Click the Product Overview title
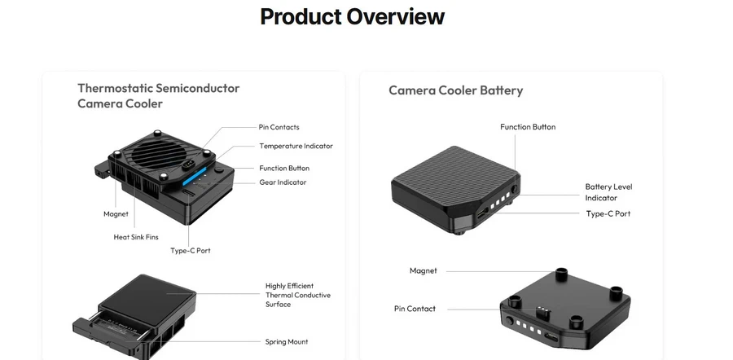pyautogui.click(x=352, y=16)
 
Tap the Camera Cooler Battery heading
pyautogui.click(x=455, y=90)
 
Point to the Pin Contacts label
pyautogui.click(x=279, y=127)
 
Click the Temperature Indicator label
pyautogui.click(x=296, y=146)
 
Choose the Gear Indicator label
pyautogui.click(x=283, y=182)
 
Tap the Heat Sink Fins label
pyautogui.click(x=135, y=237)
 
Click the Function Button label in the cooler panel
pyautogui.click(x=284, y=168)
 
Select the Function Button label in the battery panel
pyautogui.click(x=528, y=127)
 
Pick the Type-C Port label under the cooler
pyautogui.click(x=190, y=250)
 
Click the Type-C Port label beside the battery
pyautogui.click(x=608, y=213)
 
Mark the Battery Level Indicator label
pyautogui.click(x=608, y=192)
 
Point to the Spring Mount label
pyautogui.click(x=287, y=341)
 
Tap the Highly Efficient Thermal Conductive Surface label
pyautogui.click(x=297, y=295)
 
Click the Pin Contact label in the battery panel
pyautogui.click(x=415, y=309)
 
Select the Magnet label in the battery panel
pyautogui.click(x=423, y=270)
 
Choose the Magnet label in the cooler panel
pyautogui.click(x=116, y=214)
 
